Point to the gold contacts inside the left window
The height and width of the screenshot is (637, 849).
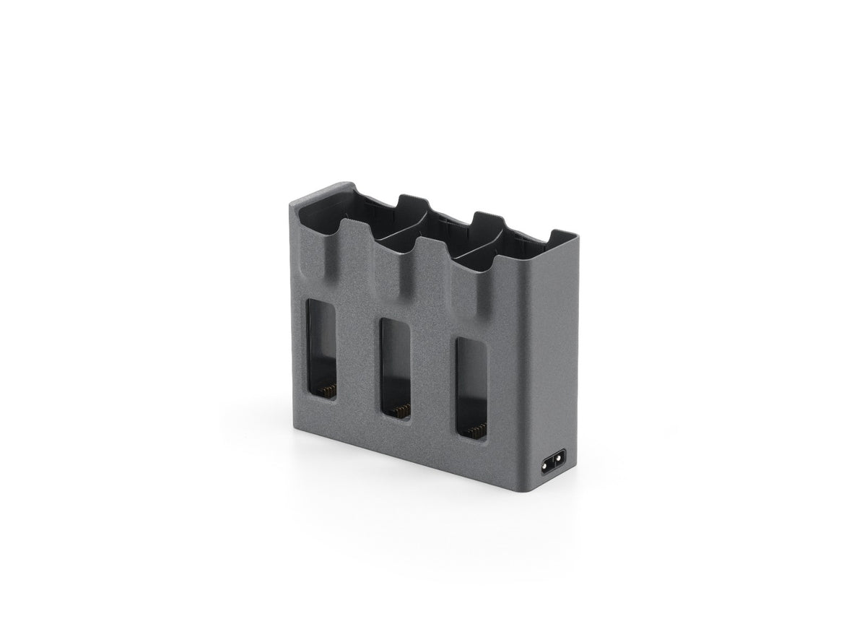pyautogui.click(x=327, y=389)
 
